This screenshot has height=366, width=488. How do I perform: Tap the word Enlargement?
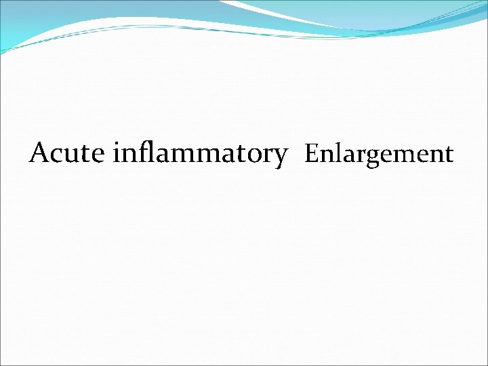(379, 155)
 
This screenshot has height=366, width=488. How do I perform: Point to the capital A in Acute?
(39, 153)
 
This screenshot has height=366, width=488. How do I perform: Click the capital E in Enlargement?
(310, 154)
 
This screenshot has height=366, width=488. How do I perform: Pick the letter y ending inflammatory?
(279, 157)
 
